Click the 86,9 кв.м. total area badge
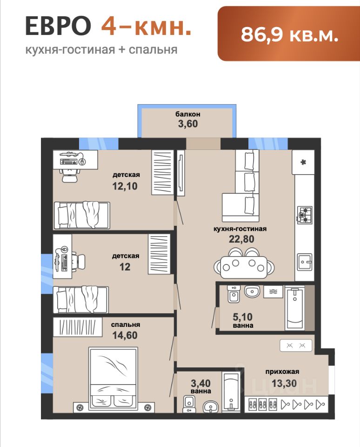[289, 34]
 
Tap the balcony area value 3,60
[188, 124]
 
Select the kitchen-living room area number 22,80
[241, 239]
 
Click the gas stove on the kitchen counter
[305, 215]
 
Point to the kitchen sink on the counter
[305, 262]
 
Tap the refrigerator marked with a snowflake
[303, 162]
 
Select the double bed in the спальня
[113, 379]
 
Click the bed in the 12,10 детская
[82, 215]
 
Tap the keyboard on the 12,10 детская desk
[68, 162]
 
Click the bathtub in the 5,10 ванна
[295, 308]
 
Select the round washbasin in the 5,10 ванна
[253, 291]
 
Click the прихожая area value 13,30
[284, 383]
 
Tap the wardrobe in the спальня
[78, 327]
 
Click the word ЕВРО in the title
[58, 26]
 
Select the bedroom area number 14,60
[125, 335]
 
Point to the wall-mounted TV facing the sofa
[181, 173]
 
